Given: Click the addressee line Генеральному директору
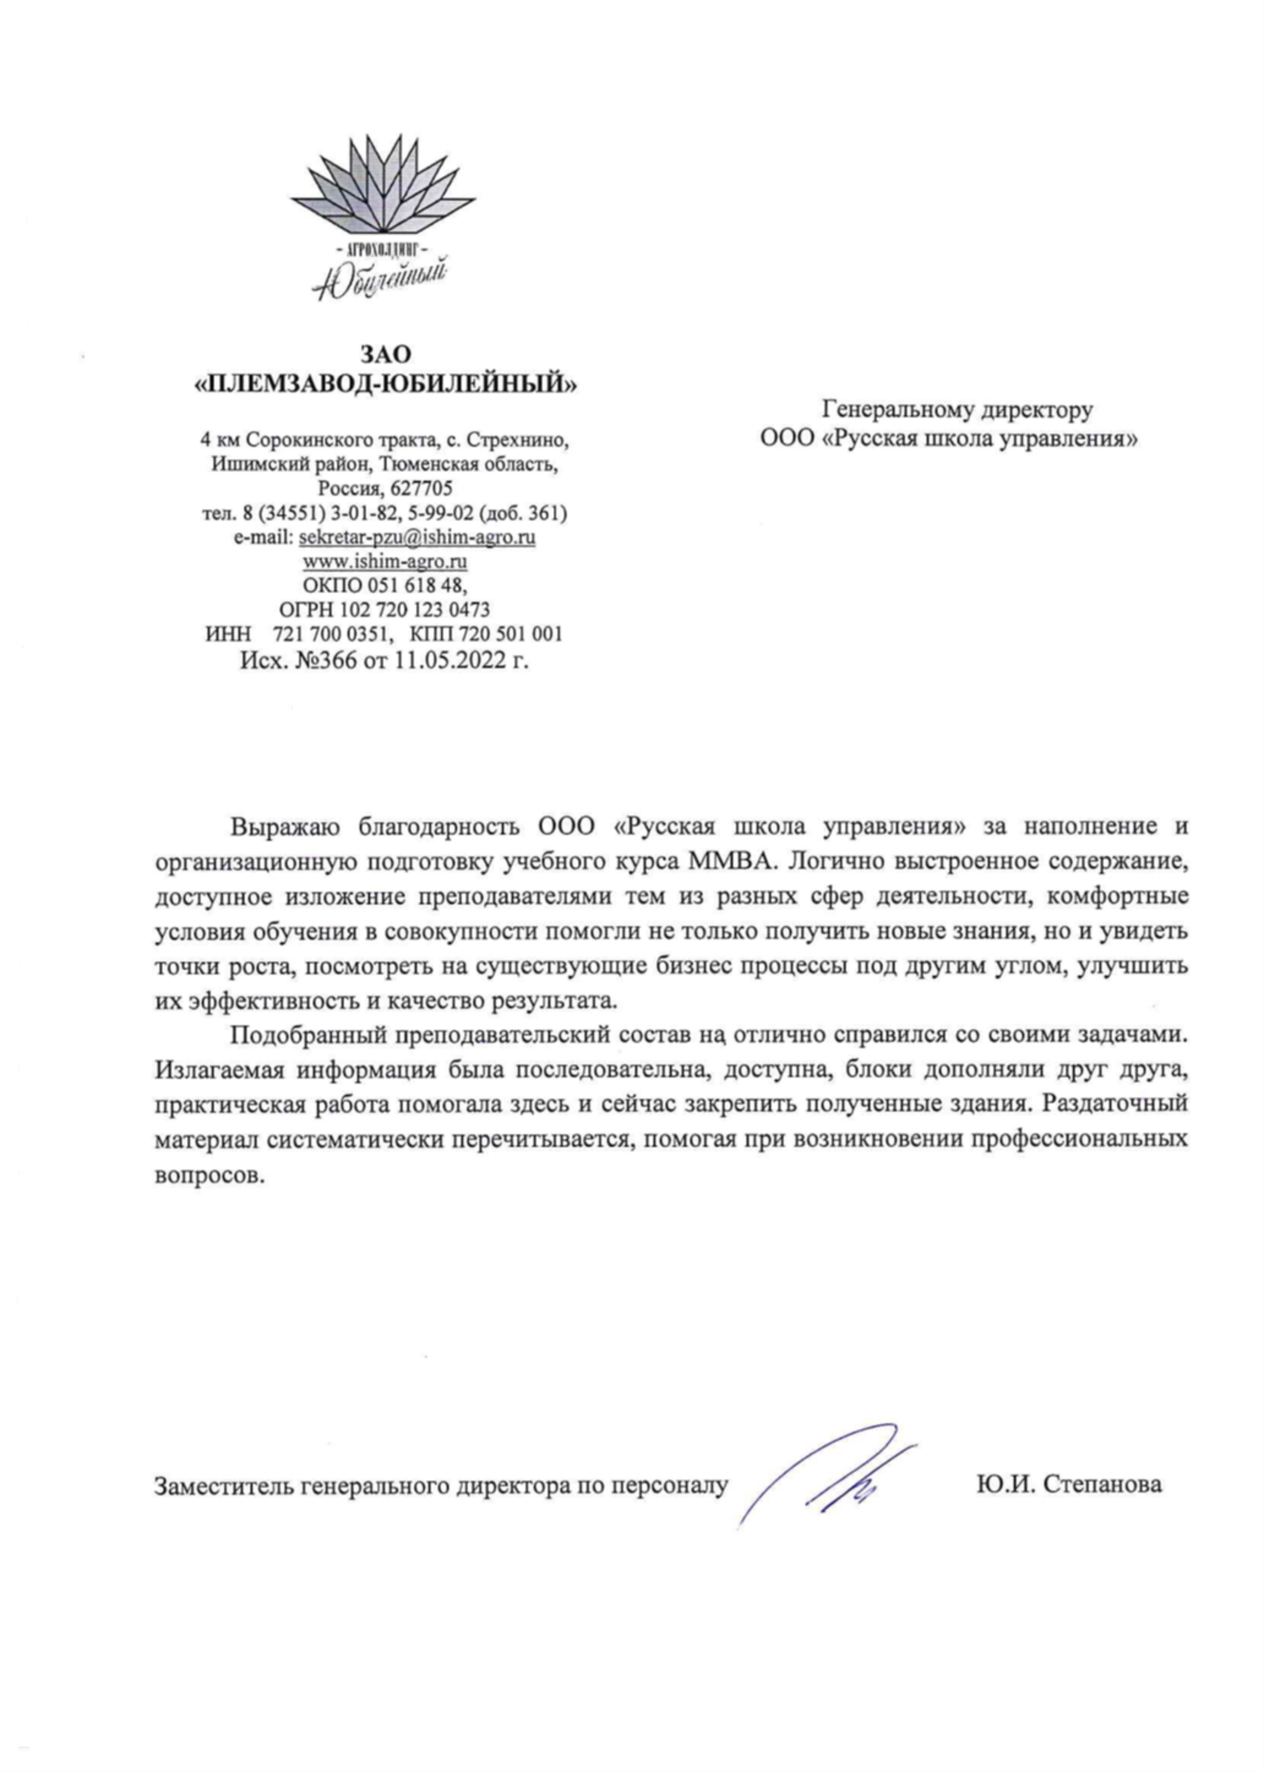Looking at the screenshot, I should (957, 409).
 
